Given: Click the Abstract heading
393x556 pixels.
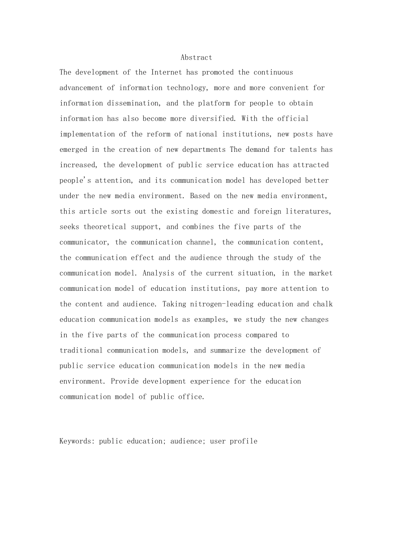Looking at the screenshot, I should [x=196, y=58].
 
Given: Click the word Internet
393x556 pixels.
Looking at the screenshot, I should [x=166, y=72].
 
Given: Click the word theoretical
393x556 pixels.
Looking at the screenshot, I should [x=105, y=227].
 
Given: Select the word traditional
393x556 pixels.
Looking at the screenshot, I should [x=81, y=350].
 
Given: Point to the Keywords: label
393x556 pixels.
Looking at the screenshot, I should [x=77, y=441].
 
